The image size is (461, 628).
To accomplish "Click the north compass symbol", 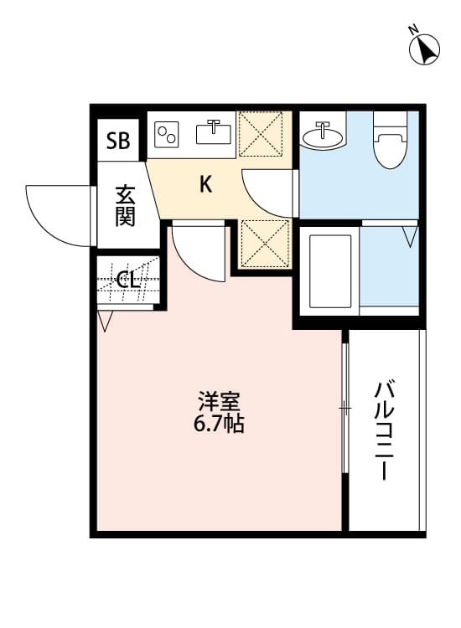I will point(426,49).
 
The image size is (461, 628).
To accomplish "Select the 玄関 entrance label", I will point(126,205).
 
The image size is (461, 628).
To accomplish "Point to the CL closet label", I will point(127,280).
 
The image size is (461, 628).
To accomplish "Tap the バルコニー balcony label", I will point(385,430).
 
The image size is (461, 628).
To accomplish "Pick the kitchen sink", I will point(215,132).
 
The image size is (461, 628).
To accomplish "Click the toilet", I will point(390,141).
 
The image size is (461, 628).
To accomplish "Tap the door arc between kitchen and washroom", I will point(267,193).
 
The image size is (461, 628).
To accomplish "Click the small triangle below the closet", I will point(105,321).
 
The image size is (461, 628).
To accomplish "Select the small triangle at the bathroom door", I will point(409,235).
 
